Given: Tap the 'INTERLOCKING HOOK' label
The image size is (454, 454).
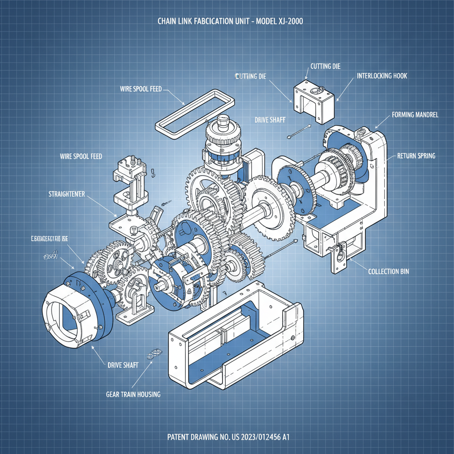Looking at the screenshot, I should (x=382, y=76).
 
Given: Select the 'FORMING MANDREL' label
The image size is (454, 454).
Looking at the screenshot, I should (x=415, y=115).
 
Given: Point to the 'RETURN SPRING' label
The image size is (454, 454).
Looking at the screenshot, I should (x=416, y=156).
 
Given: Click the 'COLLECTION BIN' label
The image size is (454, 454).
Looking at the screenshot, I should (x=389, y=271).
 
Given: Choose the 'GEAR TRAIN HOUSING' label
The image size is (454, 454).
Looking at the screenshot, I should (x=133, y=394).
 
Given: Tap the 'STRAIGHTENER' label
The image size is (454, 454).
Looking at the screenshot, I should (x=67, y=194).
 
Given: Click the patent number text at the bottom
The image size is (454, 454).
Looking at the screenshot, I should (x=228, y=437).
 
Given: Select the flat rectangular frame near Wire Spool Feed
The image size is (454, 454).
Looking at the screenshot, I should (x=194, y=112).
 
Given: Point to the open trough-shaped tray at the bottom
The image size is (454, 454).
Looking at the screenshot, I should (x=235, y=337).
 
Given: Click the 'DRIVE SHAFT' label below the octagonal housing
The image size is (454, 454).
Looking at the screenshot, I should (x=123, y=365).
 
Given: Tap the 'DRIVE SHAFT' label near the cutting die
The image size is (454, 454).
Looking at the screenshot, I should (x=270, y=120).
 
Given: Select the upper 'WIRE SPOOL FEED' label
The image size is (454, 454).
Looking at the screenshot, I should (x=141, y=89).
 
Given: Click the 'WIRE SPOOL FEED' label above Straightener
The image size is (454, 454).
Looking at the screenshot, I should (x=81, y=157).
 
